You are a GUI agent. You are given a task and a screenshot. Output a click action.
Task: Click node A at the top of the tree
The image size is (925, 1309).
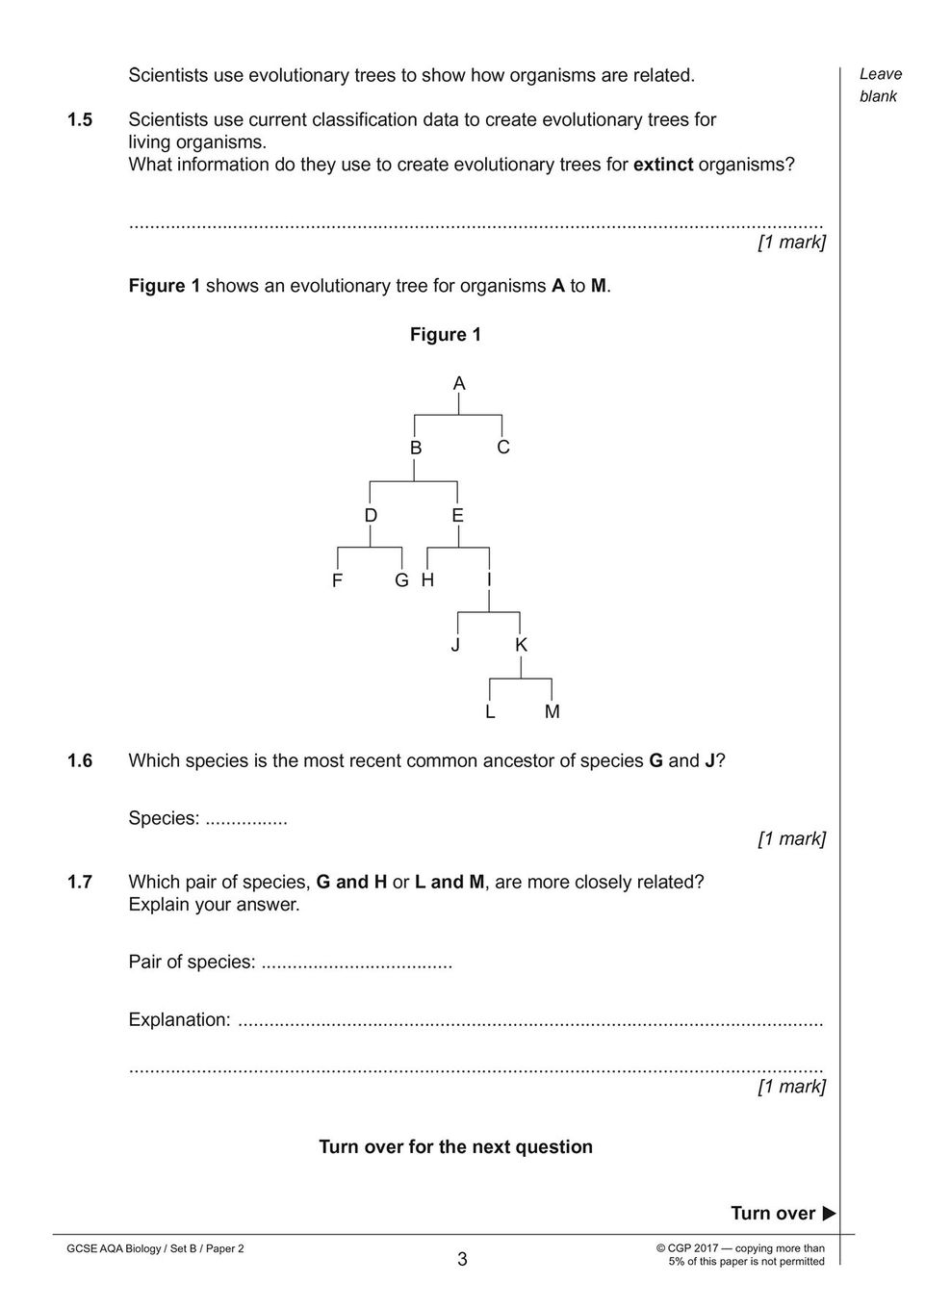(x=459, y=384)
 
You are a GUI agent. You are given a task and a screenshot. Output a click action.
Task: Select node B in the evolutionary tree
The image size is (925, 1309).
(x=416, y=449)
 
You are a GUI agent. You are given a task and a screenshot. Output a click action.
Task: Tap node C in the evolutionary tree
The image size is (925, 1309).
(x=503, y=448)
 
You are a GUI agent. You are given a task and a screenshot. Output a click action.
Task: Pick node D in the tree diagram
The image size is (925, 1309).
(x=371, y=516)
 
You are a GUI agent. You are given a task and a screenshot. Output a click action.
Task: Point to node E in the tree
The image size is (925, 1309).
(x=457, y=516)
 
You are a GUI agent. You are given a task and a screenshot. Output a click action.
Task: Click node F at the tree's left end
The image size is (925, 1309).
(x=337, y=581)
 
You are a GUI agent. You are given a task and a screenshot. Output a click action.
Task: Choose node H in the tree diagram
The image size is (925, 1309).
(x=427, y=580)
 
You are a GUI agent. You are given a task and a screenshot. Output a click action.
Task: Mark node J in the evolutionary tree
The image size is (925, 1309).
(x=455, y=645)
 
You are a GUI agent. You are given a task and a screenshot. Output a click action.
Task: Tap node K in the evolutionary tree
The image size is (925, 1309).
(x=521, y=645)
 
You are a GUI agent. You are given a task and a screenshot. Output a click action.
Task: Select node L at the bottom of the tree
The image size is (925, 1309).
(x=490, y=712)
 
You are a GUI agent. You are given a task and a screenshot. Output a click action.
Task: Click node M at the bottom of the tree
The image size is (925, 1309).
(x=552, y=712)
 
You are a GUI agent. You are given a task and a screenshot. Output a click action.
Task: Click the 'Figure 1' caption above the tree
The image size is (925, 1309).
(x=446, y=335)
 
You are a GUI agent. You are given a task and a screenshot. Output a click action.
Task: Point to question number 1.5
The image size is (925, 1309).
(x=80, y=120)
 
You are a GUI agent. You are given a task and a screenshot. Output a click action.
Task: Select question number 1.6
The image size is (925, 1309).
(x=80, y=761)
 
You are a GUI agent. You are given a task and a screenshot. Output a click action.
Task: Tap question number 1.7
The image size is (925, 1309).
(x=80, y=882)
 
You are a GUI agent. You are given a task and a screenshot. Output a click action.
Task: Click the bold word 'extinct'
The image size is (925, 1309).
(x=662, y=165)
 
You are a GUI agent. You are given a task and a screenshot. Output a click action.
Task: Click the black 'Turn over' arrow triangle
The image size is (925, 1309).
(x=829, y=1214)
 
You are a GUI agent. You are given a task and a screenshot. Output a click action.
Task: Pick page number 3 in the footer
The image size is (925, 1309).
(x=462, y=1259)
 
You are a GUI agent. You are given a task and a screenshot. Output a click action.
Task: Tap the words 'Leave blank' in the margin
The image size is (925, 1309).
(x=880, y=85)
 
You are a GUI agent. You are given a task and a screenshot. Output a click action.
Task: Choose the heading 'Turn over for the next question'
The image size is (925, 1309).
(x=455, y=1147)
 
